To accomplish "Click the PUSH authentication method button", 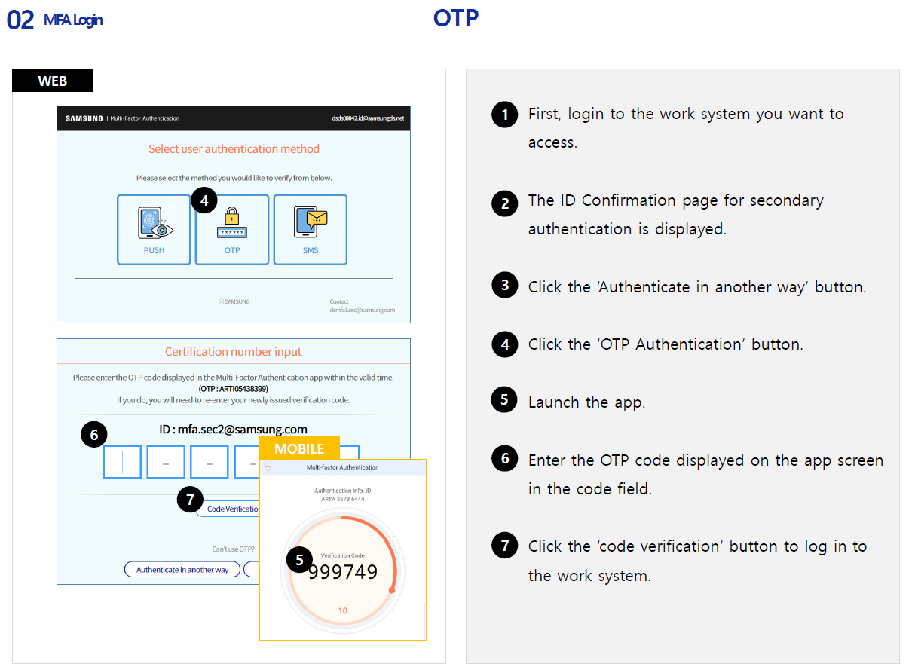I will point(154,229).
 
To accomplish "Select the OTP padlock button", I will point(232,229).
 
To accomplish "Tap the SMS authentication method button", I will point(311,229).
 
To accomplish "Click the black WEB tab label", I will point(52,81).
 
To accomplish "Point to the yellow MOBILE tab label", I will point(299,448).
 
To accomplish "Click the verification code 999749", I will point(343,572).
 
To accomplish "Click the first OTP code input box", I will point(122,462).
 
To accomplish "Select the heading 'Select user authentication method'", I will point(234,149).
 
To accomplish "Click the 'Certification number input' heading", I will point(234,352).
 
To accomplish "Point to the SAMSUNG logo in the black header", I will point(84,118).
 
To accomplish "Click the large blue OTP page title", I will point(456,18).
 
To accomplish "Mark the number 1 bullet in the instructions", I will point(504,115).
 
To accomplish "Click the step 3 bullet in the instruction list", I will point(504,285).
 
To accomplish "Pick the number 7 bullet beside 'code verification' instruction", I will point(504,545).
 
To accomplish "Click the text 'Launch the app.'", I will point(586,402).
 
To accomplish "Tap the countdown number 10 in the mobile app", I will point(343,610).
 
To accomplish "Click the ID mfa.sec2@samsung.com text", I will point(234,430).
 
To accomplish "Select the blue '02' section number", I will point(20,20).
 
